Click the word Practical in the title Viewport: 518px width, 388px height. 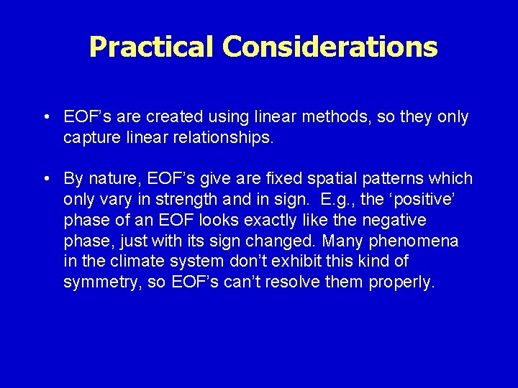tap(152, 47)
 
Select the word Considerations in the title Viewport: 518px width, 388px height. tap(330, 47)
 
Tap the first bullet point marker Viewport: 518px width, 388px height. tap(45, 117)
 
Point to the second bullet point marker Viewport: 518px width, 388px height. tap(45, 179)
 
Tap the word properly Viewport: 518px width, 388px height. tap(401, 282)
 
